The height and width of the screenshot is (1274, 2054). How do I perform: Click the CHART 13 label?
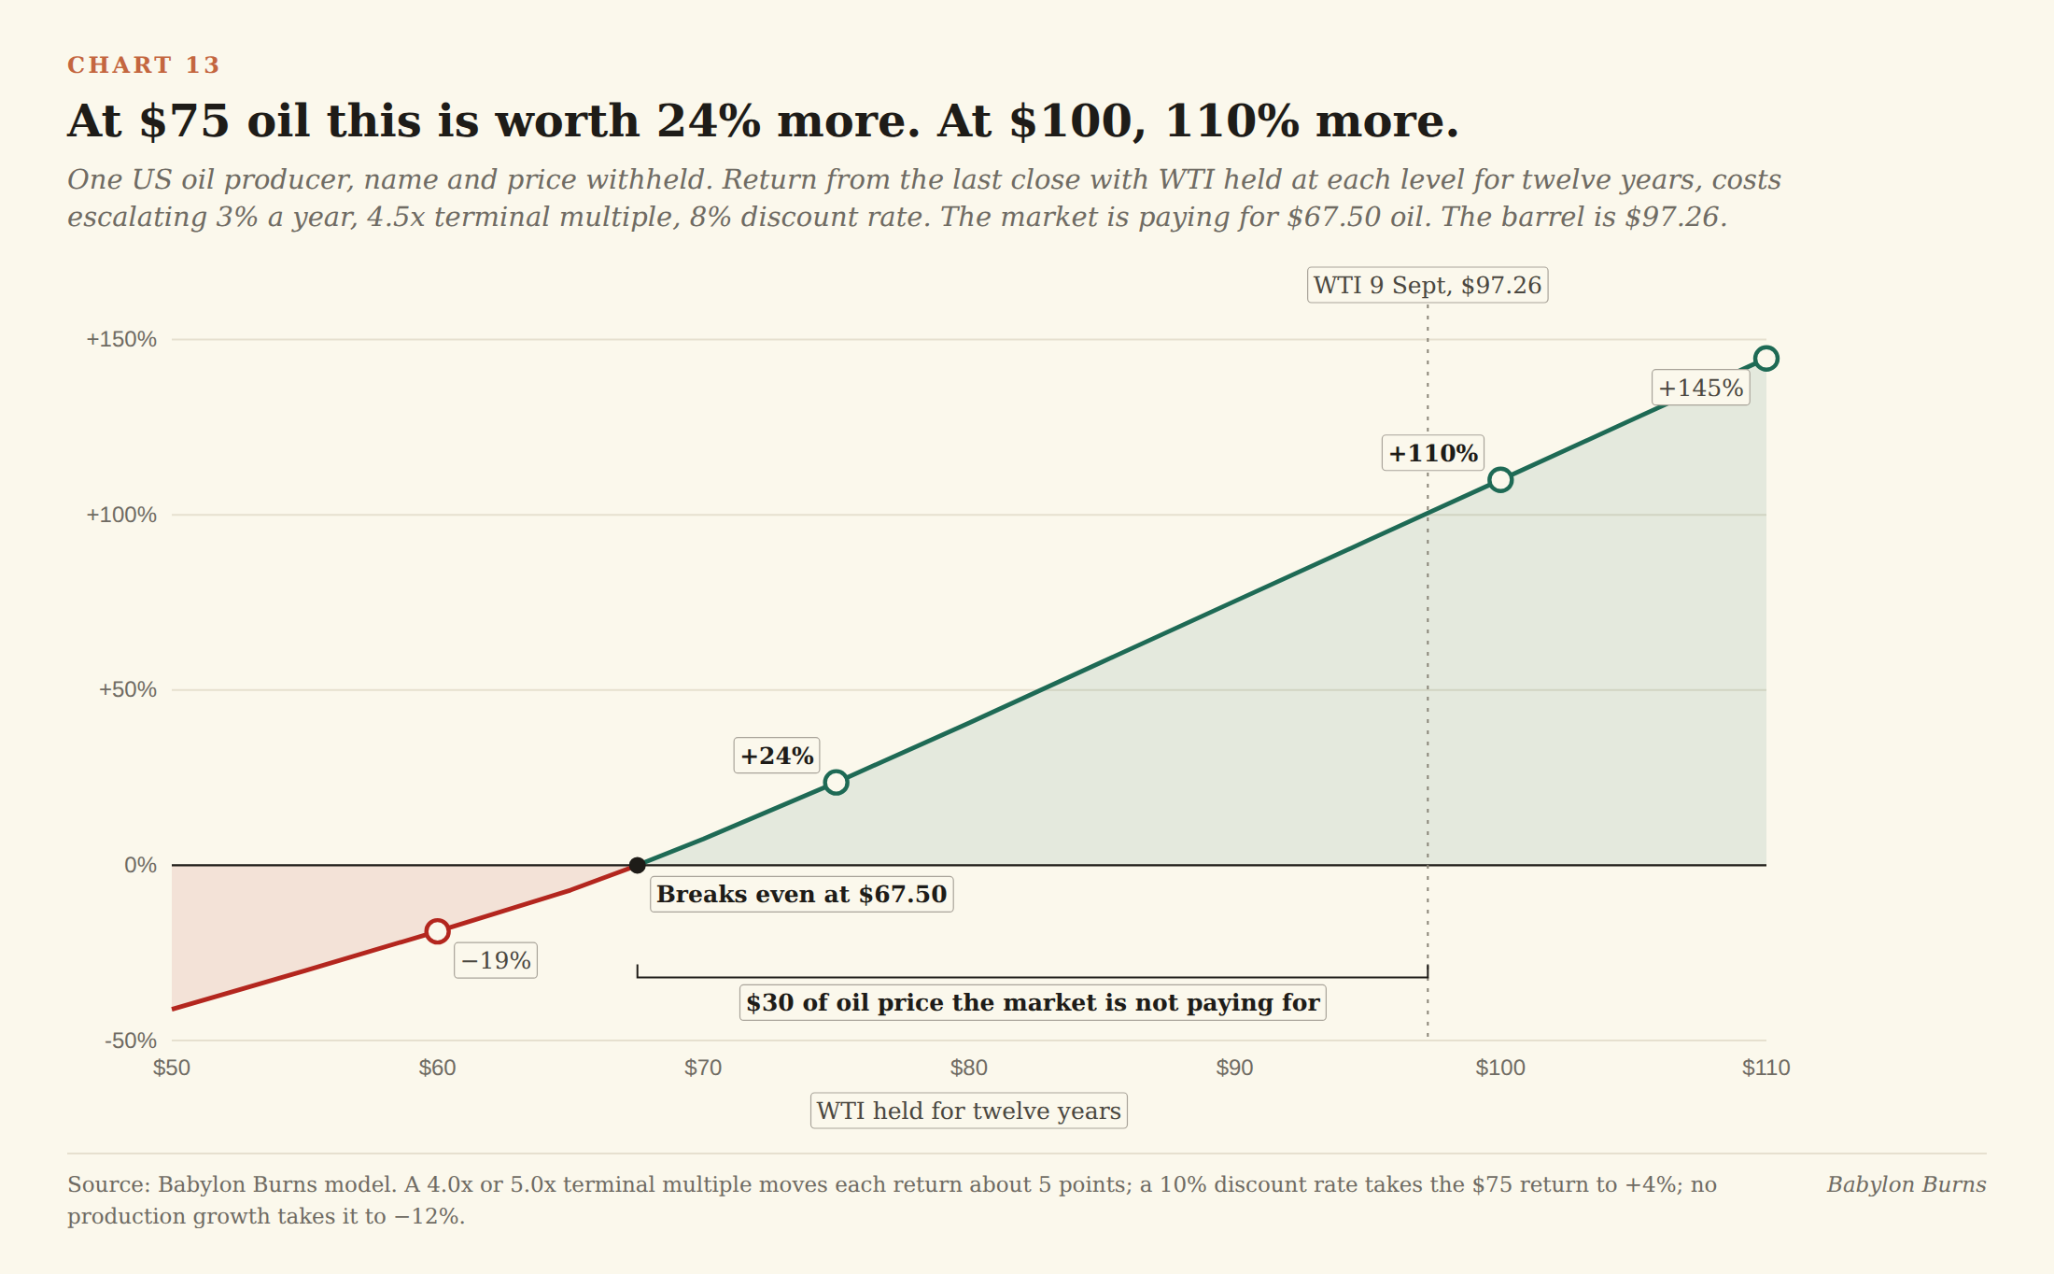coord(144,64)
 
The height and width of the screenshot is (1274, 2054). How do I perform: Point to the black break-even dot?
coord(637,866)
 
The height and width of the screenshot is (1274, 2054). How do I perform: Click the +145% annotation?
coord(1701,388)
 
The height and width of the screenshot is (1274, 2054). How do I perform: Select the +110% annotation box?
coord(1433,453)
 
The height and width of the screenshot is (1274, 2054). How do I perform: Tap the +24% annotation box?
coord(777,756)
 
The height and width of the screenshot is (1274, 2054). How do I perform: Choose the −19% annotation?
coord(496,960)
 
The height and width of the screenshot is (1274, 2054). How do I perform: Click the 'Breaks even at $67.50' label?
coord(802,894)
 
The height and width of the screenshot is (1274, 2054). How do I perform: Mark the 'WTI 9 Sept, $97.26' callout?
coord(1428,285)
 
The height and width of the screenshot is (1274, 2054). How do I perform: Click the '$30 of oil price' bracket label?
coord(1033,1002)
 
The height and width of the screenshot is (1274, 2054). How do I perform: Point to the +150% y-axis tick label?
coord(121,339)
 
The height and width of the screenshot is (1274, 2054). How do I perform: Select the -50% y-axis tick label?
coord(131,1040)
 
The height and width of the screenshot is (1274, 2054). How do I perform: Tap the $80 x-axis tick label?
coord(969,1068)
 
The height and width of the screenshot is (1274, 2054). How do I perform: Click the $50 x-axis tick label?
coord(172,1068)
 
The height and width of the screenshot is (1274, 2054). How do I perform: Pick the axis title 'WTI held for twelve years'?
coord(969,1111)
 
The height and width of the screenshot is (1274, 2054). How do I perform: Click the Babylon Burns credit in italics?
coord(1906,1184)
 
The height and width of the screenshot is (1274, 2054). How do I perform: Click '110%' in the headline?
coord(1232,120)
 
